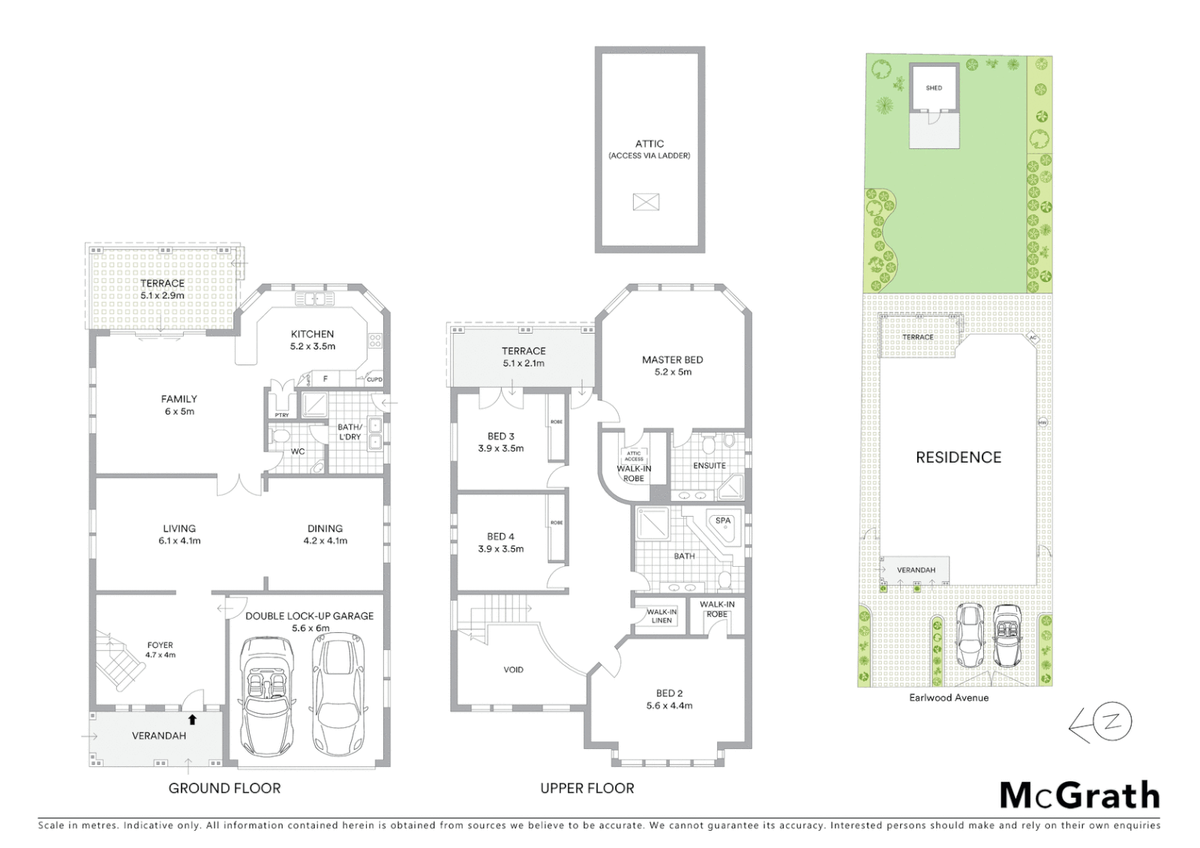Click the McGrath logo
(x=1079, y=795)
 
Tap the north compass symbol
(x=1102, y=724)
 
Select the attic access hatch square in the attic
(x=646, y=202)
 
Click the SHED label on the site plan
(x=934, y=88)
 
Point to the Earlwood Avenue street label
(x=949, y=697)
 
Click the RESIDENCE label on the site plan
(x=958, y=457)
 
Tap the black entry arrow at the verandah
(x=192, y=718)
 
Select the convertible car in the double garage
(x=265, y=695)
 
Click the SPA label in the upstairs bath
(x=723, y=521)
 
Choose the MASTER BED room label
(x=672, y=360)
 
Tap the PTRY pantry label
(x=281, y=415)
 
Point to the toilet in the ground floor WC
(x=278, y=437)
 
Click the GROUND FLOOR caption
(x=225, y=788)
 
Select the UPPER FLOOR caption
(x=587, y=788)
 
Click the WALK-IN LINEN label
(x=661, y=616)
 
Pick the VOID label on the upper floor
(x=513, y=670)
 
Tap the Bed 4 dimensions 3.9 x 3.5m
(x=500, y=549)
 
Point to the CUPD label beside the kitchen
(x=374, y=380)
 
